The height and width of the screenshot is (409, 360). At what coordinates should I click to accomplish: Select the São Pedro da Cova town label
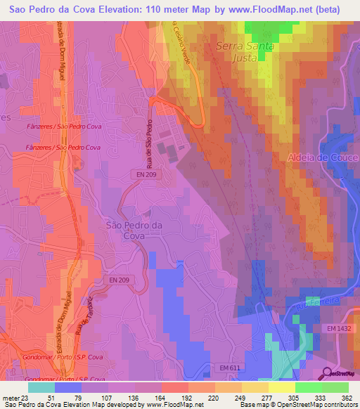[134, 231]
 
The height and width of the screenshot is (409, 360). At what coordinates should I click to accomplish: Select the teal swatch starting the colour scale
[41, 387]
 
